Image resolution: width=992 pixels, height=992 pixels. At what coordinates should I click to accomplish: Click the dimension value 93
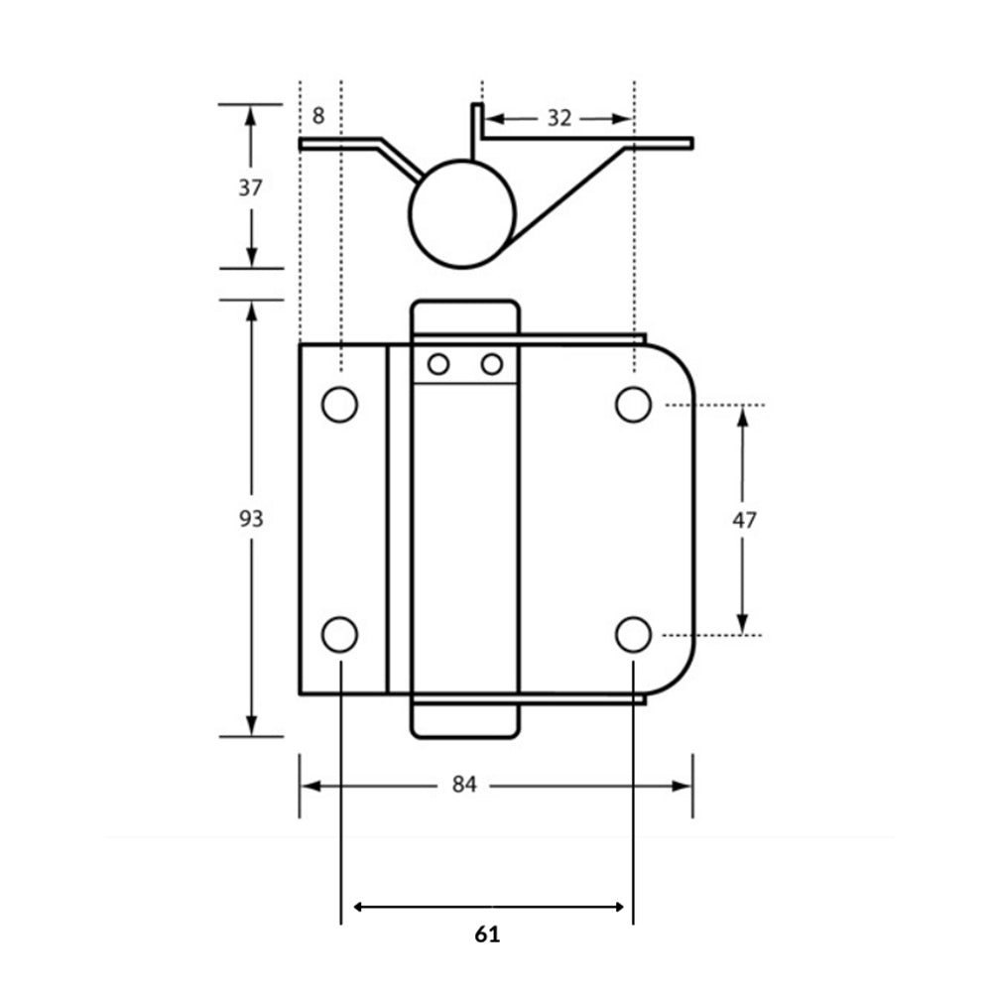click(251, 518)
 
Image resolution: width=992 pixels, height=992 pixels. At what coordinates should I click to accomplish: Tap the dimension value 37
click(251, 186)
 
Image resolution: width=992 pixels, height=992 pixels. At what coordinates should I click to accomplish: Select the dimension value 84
click(464, 785)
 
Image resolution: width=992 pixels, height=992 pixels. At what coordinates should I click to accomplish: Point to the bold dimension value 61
click(487, 934)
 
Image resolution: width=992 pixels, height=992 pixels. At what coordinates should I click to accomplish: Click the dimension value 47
click(744, 519)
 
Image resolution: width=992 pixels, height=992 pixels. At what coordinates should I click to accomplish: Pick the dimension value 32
click(559, 118)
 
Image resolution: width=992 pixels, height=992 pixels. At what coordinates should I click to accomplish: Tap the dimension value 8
click(318, 116)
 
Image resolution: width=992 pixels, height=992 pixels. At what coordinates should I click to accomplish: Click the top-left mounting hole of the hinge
click(339, 405)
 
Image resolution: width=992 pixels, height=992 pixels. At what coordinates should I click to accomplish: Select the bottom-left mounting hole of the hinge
click(339, 634)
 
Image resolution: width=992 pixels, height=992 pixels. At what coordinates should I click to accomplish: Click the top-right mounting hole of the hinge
click(633, 405)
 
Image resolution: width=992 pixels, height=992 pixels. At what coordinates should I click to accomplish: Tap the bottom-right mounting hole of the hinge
click(633, 634)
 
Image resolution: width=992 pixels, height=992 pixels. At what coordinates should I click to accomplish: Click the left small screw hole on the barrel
click(438, 365)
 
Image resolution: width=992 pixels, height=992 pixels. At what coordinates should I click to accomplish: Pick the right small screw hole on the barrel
click(492, 365)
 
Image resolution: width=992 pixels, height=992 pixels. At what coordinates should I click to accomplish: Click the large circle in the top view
click(462, 214)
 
